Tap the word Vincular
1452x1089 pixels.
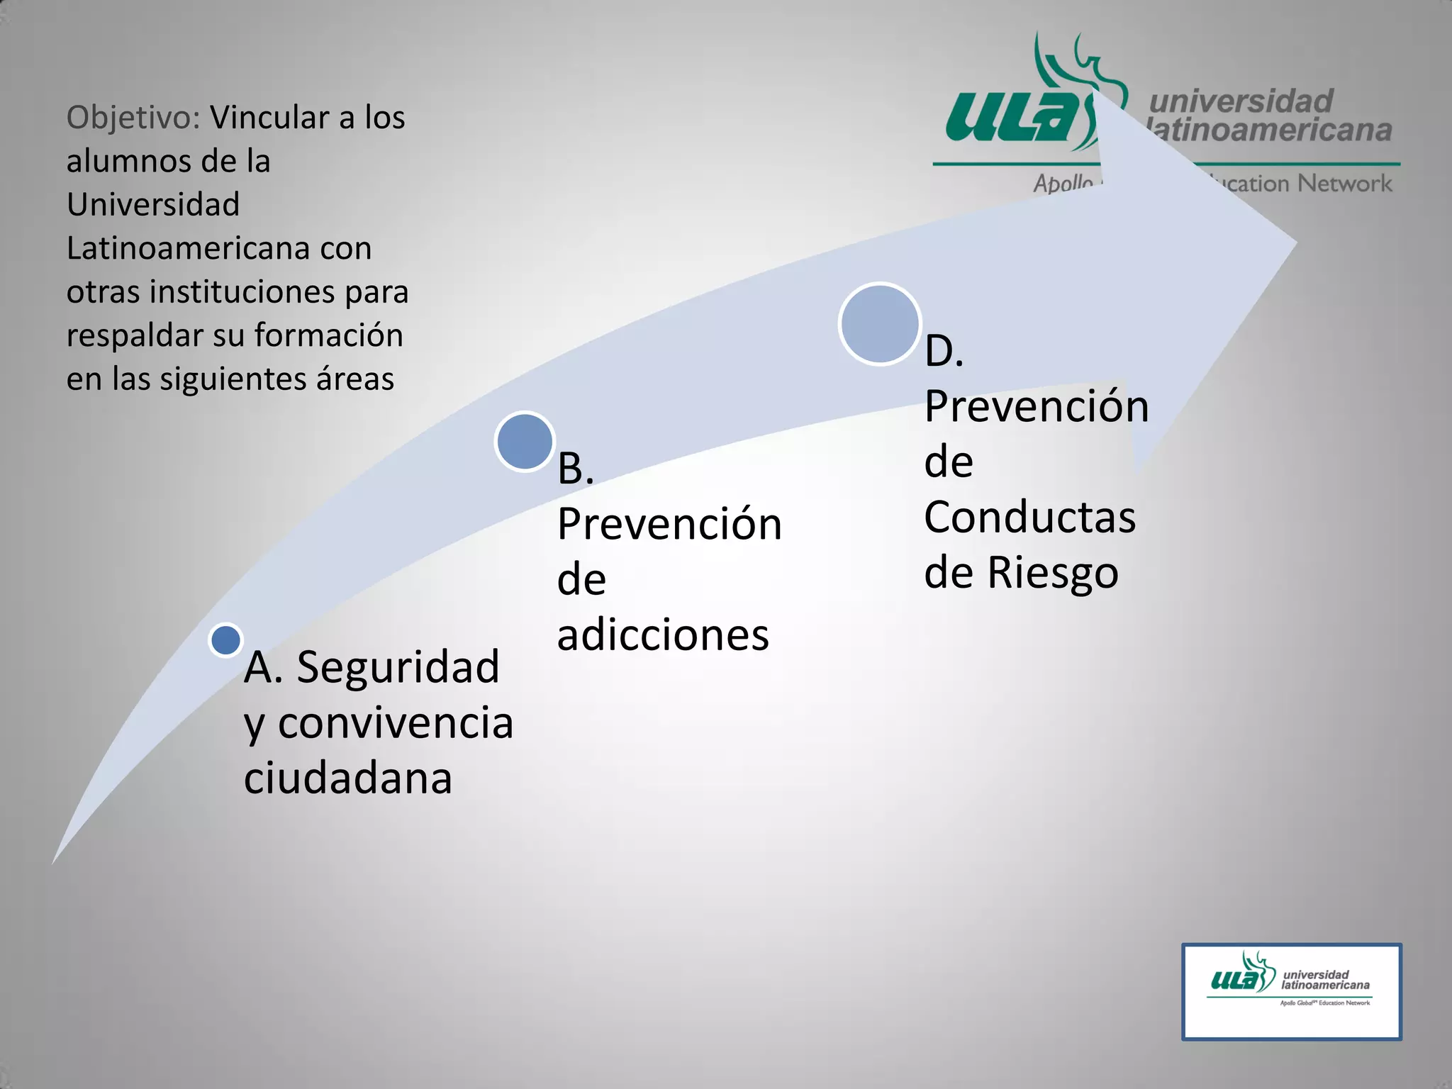click(273, 118)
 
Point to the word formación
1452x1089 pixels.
click(328, 335)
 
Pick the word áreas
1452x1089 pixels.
click(354, 379)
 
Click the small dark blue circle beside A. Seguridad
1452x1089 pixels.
click(226, 640)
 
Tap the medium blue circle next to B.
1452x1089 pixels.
click(525, 441)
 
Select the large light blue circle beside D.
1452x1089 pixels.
click(879, 324)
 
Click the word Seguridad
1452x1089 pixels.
click(398, 667)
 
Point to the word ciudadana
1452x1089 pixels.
click(347, 778)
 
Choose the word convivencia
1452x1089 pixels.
click(395, 723)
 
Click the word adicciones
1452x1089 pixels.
click(663, 635)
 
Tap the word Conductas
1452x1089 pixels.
click(1029, 517)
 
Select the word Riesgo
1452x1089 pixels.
click(1053, 573)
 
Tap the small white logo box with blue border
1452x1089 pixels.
click(1291, 991)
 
